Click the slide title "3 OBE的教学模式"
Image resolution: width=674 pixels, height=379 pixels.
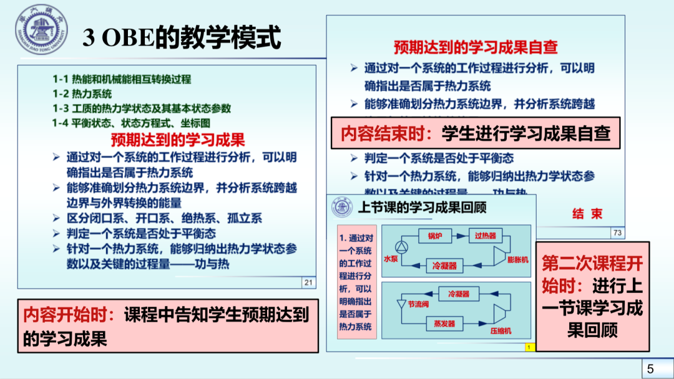click(x=182, y=39)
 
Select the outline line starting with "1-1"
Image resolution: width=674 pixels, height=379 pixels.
click(x=122, y=79)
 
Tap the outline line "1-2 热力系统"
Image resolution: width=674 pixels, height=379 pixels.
click(x=82, y=94)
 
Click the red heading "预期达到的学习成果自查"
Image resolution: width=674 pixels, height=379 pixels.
click(x=475, y=47)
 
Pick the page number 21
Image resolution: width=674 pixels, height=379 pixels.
click(x=308, y=283)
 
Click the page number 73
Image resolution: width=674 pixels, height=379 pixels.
click(x=618, y=233)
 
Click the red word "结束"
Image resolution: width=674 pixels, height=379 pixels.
click(x=587, y=214)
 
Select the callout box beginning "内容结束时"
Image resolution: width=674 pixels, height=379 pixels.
click(x=476, y=133)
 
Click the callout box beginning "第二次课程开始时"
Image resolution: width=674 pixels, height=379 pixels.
click(x=592, y=296)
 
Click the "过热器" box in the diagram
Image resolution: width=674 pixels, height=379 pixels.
click(x=485, y=235)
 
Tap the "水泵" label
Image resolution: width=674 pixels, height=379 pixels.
click(x=391, y=258)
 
